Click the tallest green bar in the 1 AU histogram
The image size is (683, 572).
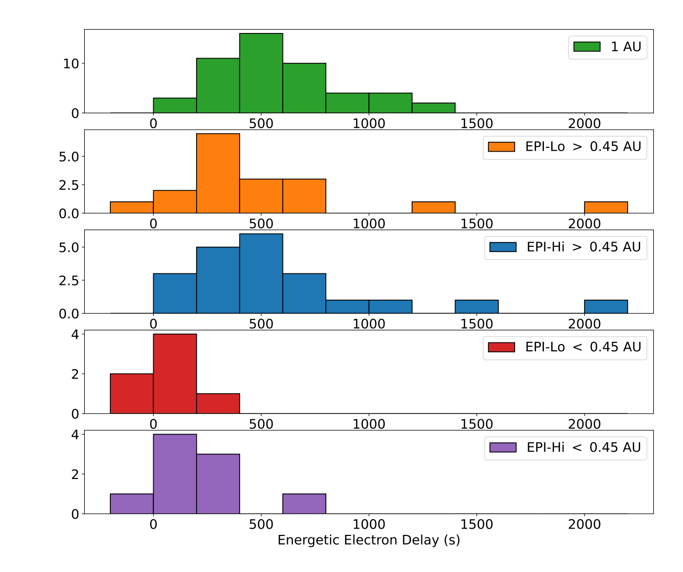(x=261, y=73)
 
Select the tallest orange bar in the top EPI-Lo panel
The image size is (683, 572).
(x=218, y=174)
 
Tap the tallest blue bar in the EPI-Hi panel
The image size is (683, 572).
(x=261, y=273)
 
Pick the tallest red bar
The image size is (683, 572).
(x=175, y=374)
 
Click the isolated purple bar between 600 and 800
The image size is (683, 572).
(x=304, y=504)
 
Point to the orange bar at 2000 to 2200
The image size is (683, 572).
(x=606, y=208)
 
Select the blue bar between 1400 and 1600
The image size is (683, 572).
(x=476, y=307)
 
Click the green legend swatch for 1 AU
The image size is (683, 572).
(x=587, y=47)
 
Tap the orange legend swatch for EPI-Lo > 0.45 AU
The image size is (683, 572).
(x=502, y=147)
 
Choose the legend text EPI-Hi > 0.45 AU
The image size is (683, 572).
(x=584, y=247)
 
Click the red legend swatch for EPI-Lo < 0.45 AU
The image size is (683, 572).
(x=502, y=347)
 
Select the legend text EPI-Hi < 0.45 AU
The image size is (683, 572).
(x=584, y=448)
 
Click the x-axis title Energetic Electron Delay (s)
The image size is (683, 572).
(x=369, y=540)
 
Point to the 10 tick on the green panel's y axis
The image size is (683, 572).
(x=71, y=64)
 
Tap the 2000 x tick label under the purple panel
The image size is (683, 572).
(x=584, y=524)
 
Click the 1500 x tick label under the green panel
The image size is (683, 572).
(x=476, y=123)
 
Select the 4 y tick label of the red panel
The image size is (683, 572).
(x=75, y=334)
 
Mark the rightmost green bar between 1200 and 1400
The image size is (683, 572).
(x=434, y=108)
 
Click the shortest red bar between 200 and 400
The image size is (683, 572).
(x=218, y=404)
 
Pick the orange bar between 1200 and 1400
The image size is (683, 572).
(x=434, y=208)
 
